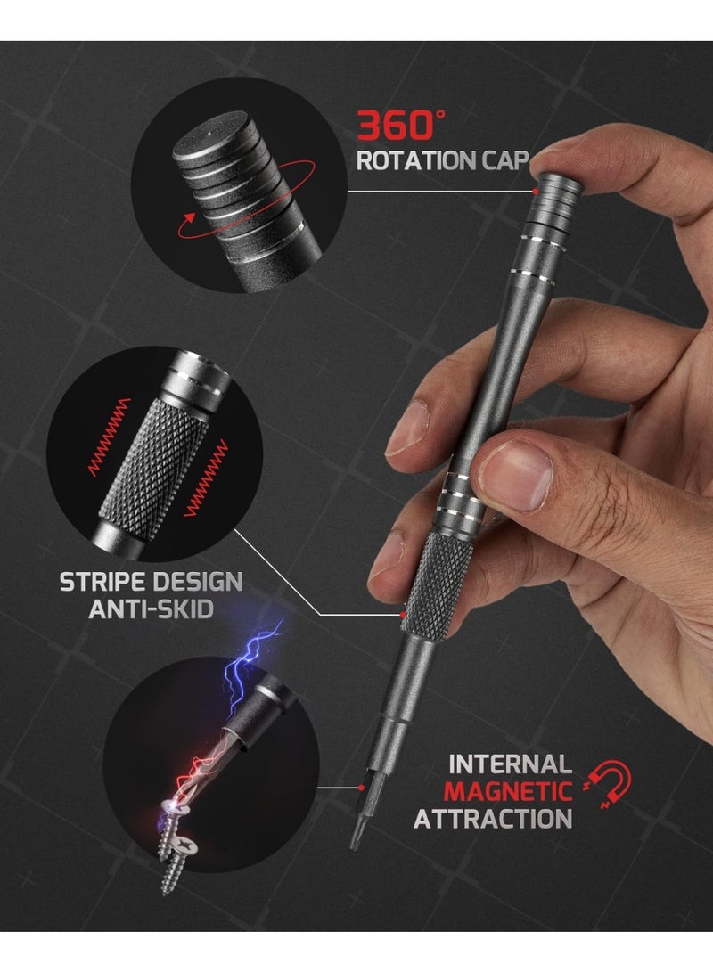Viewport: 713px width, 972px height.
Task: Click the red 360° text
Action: [x=396, y=125]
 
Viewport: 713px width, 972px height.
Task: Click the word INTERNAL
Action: [x=509, y=764]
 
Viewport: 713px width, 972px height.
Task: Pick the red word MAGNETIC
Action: [x=508, y=790]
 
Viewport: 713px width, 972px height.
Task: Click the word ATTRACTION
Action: [x=492, y=818]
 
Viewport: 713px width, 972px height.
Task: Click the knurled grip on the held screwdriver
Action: [x=437, y=584]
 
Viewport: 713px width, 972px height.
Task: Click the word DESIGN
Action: [x=196, y=583]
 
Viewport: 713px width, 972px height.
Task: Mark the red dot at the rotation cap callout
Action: [x=534, y=191]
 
